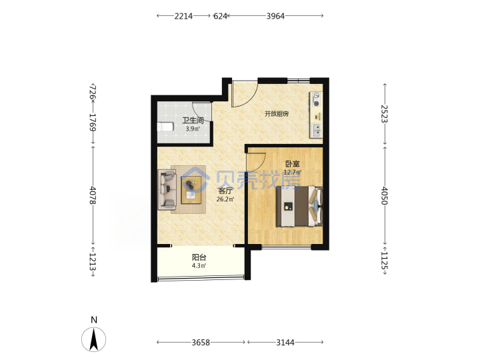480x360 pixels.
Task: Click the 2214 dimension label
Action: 183,16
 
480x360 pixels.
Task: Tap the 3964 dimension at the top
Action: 275,16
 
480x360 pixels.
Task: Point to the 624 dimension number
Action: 220,16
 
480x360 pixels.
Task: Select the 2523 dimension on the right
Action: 385,113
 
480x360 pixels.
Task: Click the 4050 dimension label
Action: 385,196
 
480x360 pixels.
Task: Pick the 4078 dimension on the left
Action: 93,195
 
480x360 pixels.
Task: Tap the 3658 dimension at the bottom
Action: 201,342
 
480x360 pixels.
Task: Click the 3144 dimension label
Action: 285,342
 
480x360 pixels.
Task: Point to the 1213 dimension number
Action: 93,262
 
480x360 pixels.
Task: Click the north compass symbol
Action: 94,339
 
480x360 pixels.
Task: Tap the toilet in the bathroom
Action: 165,127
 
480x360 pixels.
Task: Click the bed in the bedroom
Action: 300,206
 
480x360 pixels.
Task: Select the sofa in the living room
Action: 167,190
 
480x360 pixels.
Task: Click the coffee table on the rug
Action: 191,190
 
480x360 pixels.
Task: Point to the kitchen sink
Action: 316,130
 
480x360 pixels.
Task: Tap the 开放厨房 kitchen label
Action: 277,114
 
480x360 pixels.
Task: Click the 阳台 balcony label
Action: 199,257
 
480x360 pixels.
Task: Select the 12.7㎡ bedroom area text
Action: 293,172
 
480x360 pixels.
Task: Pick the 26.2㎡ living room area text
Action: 225,199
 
